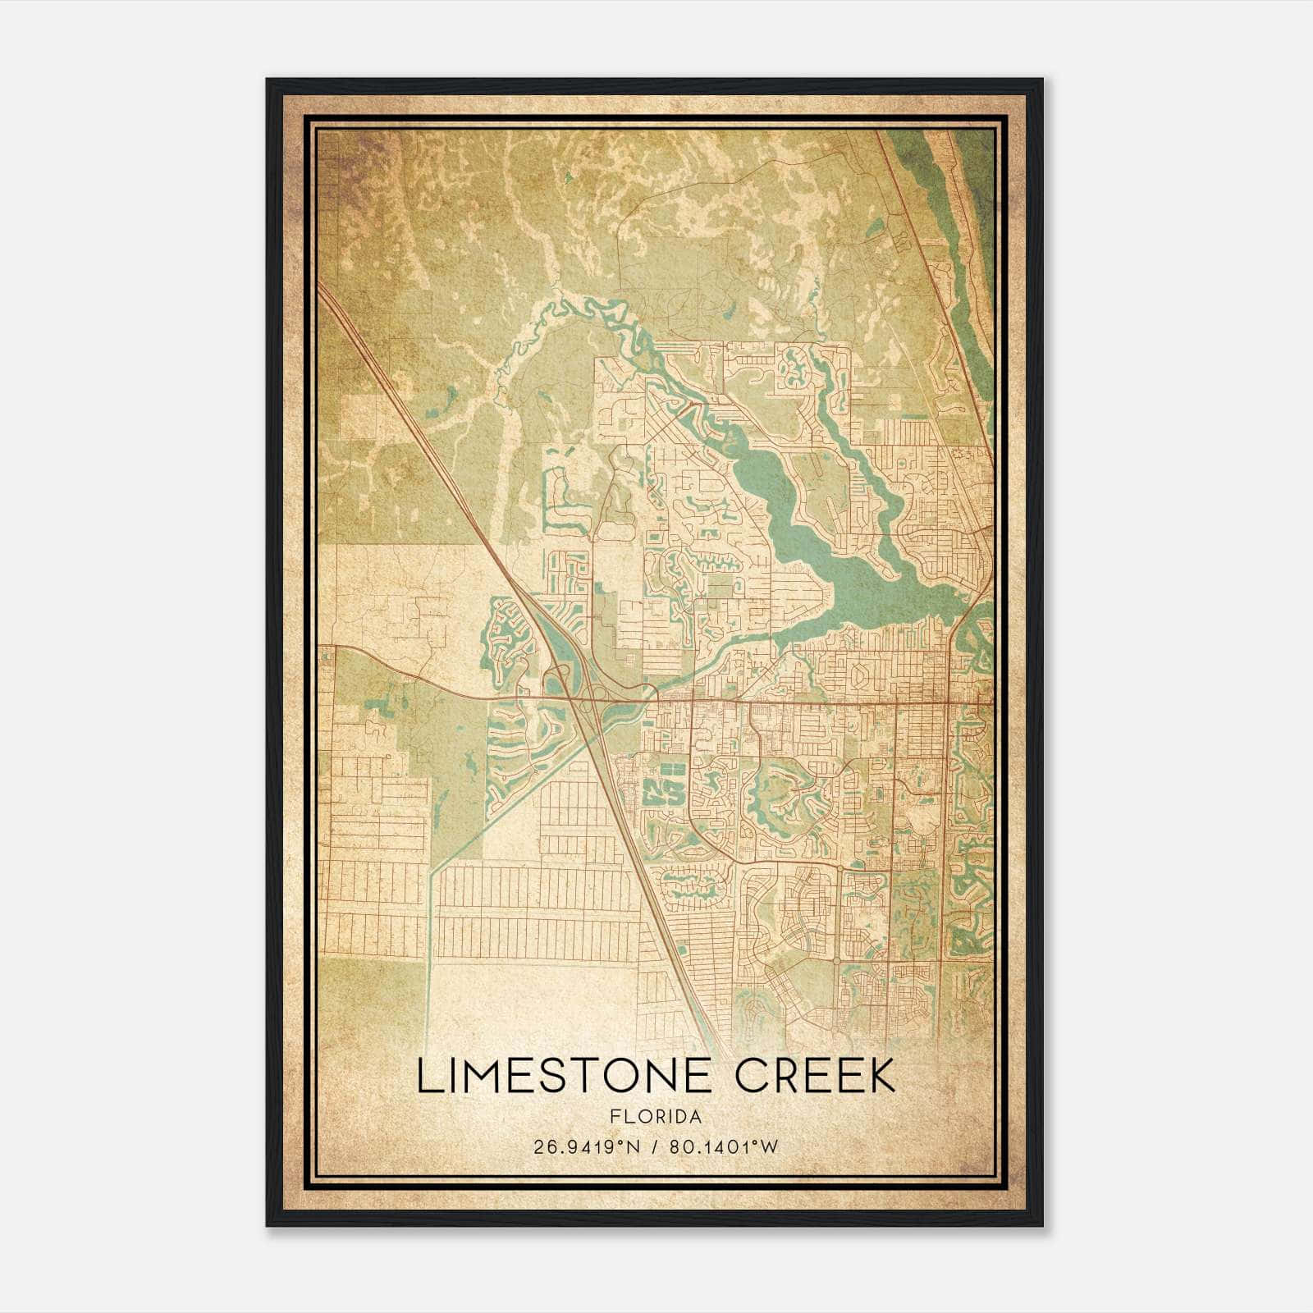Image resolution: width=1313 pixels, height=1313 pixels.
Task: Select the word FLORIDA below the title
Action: coord(656,1116)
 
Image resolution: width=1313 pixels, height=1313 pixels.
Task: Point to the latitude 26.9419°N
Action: coord(586,1147)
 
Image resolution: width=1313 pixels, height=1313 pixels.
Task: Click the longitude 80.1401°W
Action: coord(723,1147)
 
